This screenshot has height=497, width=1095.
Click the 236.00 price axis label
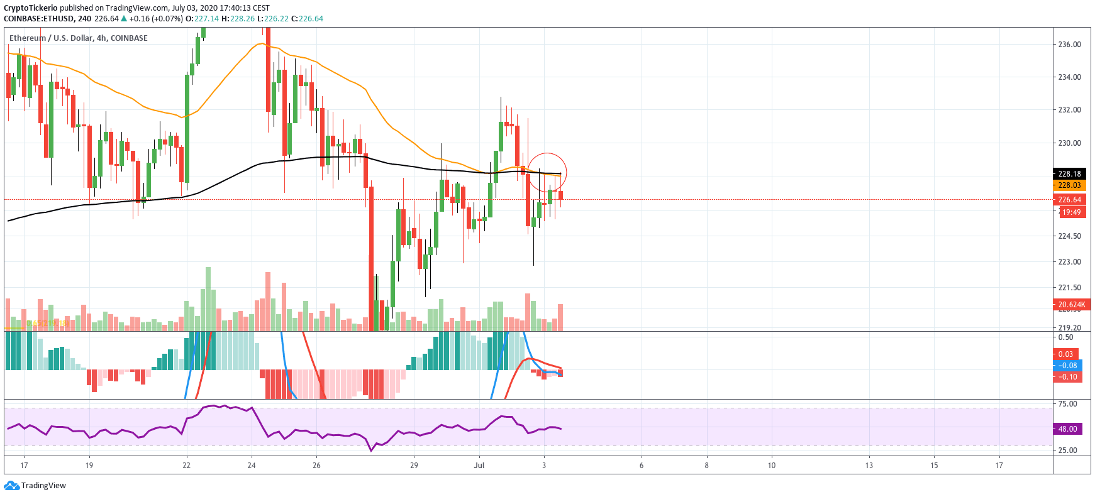pos(1069,45)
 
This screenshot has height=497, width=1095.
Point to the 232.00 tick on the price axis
pos(1069,110)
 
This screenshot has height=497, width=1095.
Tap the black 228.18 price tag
pos(1069,174)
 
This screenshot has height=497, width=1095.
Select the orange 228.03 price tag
pos(1069,185)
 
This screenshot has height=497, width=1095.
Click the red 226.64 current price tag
pos(1069,200)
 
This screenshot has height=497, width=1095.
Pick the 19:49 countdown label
pos(1072,212)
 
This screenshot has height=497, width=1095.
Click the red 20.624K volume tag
pos(1071,305)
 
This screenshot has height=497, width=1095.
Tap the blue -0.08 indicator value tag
pos(1067,366)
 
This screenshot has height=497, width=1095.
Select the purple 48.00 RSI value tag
pos(1067,429)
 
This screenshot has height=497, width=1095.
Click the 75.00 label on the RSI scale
pos(1067,404)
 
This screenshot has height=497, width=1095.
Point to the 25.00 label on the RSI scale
pos(1067,451)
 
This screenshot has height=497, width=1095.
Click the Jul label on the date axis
pos(479,466)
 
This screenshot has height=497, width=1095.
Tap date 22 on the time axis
pos(186,466)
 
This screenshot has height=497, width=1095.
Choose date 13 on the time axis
pos(869,466)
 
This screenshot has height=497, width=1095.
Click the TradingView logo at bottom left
pos(35,486)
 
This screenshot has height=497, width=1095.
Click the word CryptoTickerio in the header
pos(31,8)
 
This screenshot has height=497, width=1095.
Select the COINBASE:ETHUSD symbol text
pos(38,19)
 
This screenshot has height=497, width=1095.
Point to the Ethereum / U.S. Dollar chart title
pos(79,38)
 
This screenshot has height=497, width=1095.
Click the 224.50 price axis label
pos(1069,236)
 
